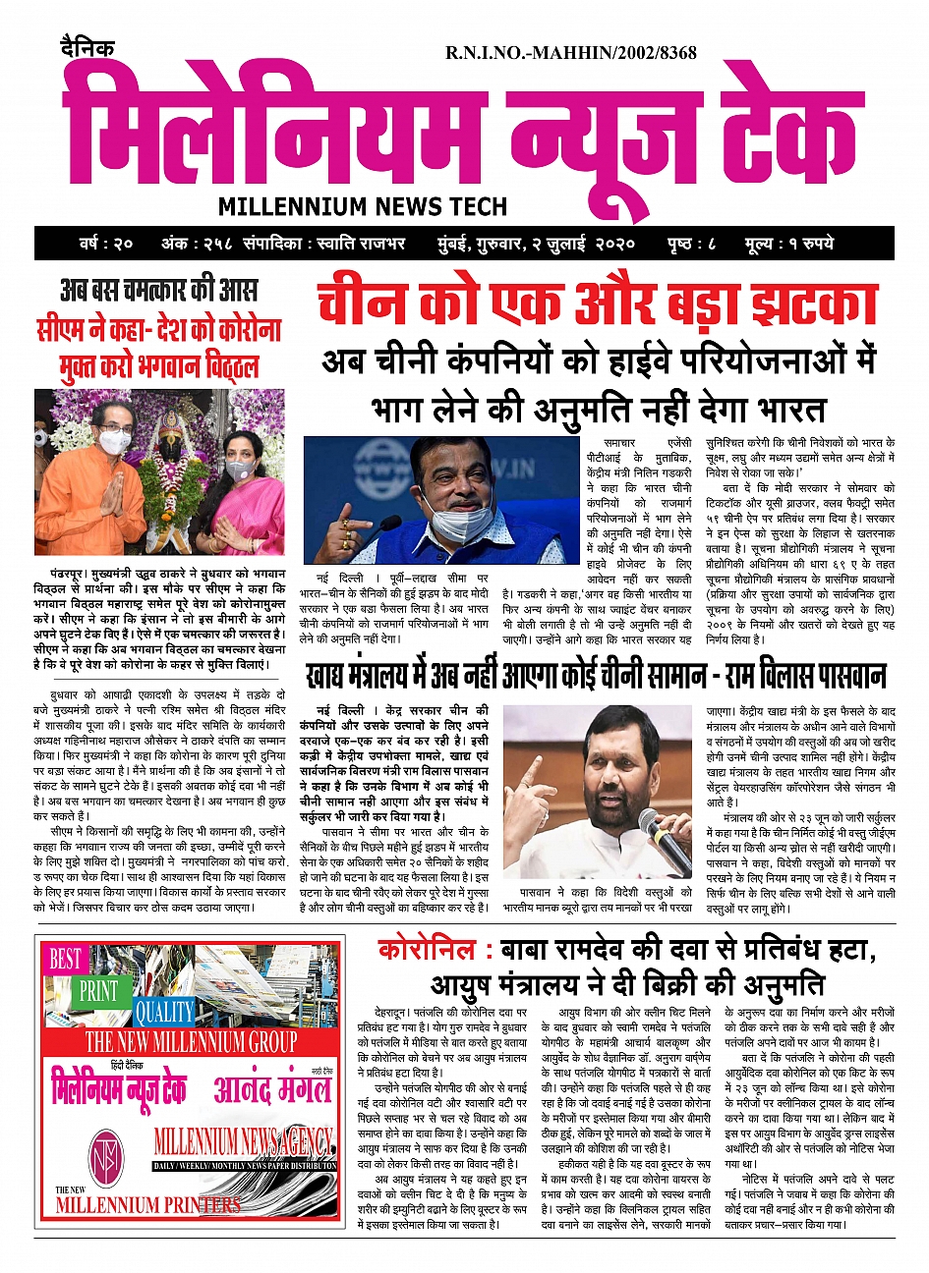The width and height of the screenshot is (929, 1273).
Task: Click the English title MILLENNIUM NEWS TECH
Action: tap(363, 206)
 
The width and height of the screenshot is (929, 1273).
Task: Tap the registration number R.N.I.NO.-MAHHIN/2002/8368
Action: tap(571, 53)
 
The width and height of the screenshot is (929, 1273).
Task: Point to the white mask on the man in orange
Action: tap(113, 443)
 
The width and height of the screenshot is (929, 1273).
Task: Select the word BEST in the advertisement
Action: tap(66, 959)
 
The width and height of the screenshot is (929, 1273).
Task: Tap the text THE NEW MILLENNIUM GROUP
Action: tap(191, 1041)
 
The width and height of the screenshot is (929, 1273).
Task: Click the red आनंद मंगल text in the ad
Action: tap(272, 1090)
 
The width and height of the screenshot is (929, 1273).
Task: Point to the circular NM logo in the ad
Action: tap(106, 1156)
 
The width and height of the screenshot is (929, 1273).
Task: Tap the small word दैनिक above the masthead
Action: tap(87, 46)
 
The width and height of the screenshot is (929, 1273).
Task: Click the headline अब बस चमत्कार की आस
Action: tap(158, 291)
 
